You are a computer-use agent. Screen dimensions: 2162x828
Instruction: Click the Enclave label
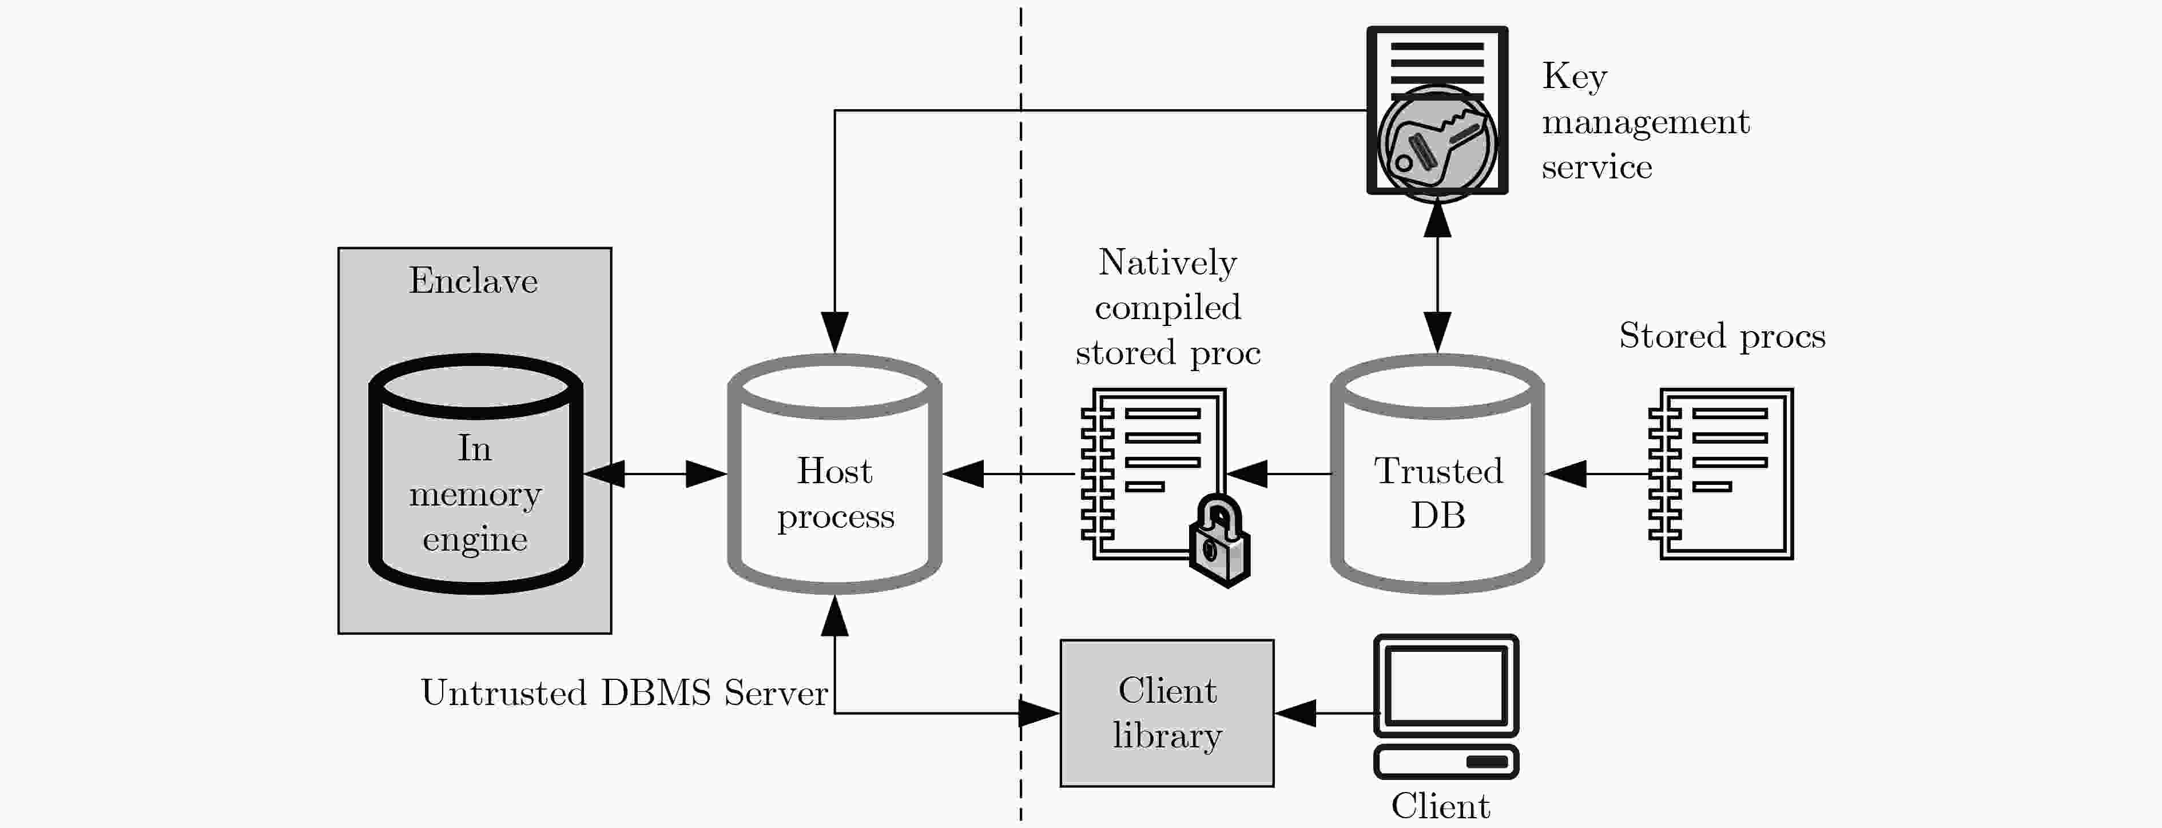click(474, 281)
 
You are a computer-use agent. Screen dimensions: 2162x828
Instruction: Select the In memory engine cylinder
click(476, 474)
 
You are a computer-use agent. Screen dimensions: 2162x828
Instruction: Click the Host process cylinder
click(834, 474)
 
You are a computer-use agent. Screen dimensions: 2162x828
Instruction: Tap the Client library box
click(1167, 713)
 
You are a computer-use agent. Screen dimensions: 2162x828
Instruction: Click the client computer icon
click(1446, 706)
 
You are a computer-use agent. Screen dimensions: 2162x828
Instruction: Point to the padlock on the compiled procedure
click(1221, 541)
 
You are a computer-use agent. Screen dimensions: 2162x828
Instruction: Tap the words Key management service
click(1645, 122)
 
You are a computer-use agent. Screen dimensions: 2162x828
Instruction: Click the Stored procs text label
click(1722, 336)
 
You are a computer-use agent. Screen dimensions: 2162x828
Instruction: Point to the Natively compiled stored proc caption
click(1167, 307)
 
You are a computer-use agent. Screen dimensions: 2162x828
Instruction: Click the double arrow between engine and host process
click(655, 474)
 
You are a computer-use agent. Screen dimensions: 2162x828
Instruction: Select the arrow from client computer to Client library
click(1326, 713)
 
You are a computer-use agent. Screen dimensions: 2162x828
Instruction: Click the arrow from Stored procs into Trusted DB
click(1597, 474)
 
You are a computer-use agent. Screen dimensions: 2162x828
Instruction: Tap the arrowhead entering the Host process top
click(834, 333)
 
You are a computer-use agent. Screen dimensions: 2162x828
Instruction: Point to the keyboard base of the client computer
click(1446, 762)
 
